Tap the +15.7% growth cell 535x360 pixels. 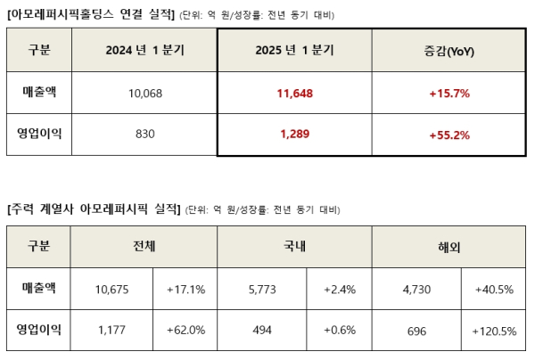pos(449,93)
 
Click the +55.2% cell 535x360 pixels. pos(449,135)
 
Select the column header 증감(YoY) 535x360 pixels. pos(449,50)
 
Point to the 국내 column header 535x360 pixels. pos(294,245)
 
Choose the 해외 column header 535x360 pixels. pos(449,245)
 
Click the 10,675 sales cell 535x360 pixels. pos(111,288)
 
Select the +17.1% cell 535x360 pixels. pos(186,288)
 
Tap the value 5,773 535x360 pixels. pos(261,288)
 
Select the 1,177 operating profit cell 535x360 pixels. pos(111,331)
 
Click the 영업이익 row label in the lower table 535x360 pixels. pos(39,331)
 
